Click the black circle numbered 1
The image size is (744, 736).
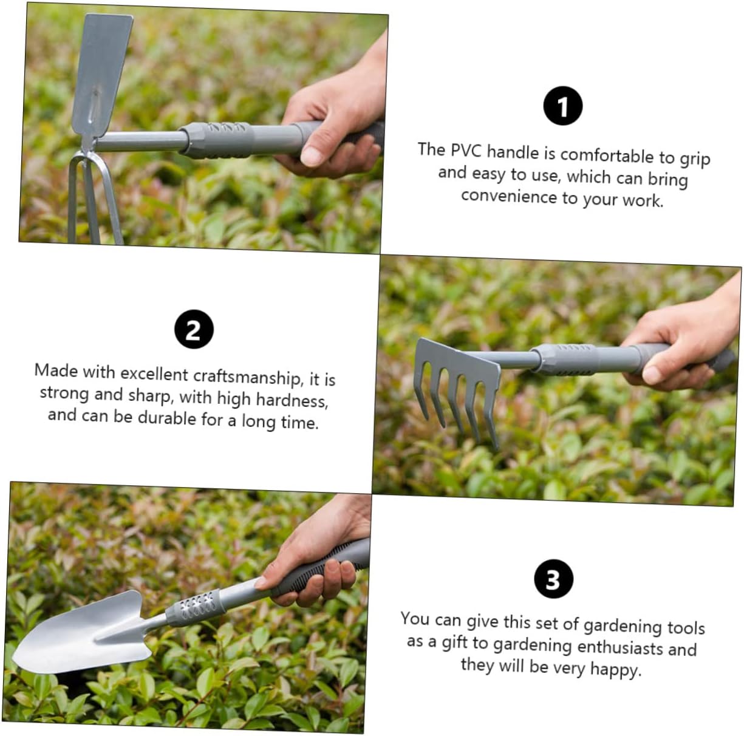(562, 106)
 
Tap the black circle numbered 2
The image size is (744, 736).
(194, 329)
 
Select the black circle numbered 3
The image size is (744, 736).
(554, 579)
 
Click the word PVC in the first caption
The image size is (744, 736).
(466, 151)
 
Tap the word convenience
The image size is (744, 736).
(509, 196)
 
